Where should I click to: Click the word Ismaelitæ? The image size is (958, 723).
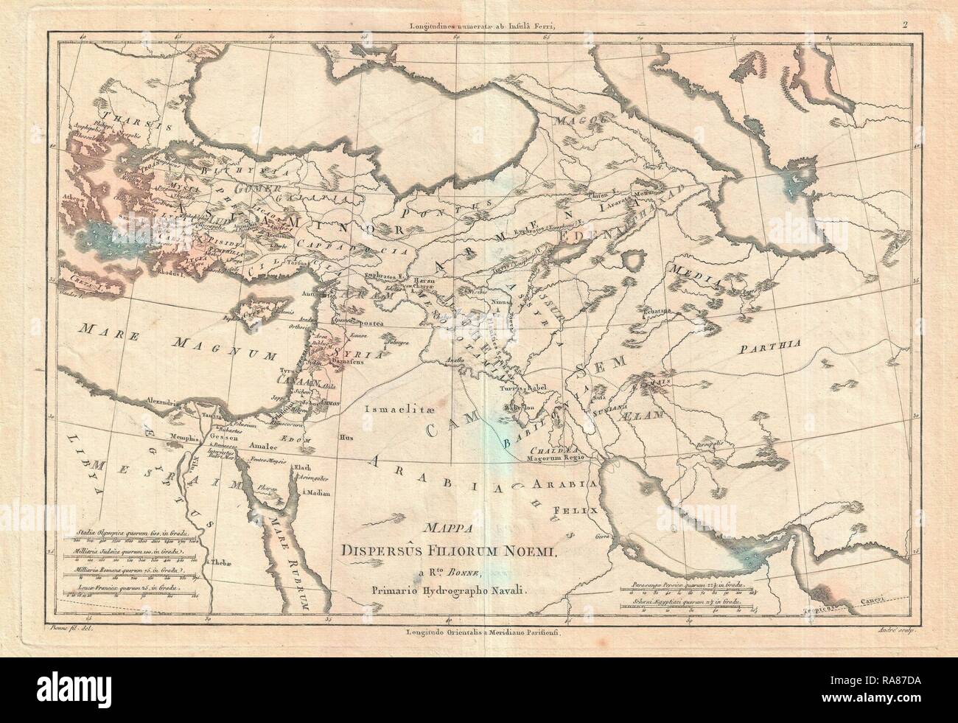(399, 405)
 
